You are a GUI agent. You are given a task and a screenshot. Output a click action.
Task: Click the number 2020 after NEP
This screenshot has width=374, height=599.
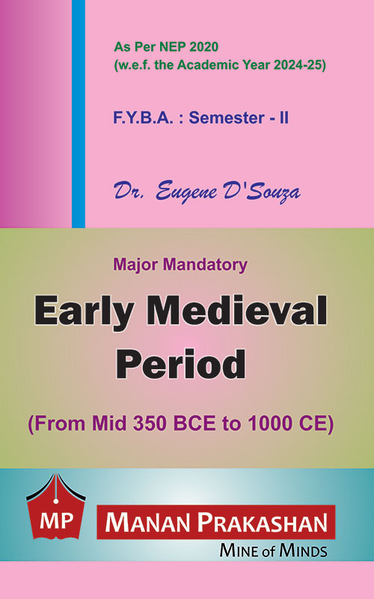203,47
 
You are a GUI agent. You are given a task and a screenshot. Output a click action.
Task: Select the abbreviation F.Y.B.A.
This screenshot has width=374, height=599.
143,118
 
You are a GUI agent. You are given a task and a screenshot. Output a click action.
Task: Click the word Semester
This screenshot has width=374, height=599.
227,118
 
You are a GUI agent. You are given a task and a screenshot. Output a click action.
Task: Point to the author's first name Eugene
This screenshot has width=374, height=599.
187,191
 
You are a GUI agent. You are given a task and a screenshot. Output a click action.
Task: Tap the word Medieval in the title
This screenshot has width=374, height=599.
237,309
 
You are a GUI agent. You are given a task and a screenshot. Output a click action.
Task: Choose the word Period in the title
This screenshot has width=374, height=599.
181,363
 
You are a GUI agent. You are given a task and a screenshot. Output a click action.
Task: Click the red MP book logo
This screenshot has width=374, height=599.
56,506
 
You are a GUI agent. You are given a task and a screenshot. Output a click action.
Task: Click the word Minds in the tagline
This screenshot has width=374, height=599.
304,550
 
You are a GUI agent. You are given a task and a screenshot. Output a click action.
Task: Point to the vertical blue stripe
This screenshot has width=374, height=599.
79,114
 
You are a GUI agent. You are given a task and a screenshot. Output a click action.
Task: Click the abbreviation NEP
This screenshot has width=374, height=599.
174,47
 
